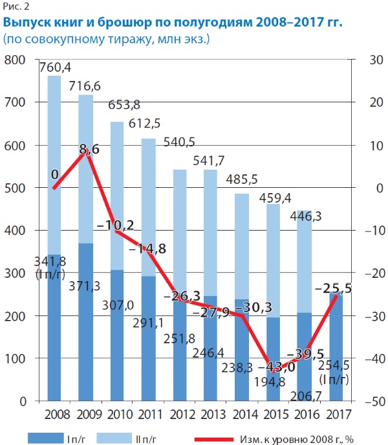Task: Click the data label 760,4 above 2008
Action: click(56, 67)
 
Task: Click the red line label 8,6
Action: click(89, 150)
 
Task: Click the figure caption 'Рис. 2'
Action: click(16, 8)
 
